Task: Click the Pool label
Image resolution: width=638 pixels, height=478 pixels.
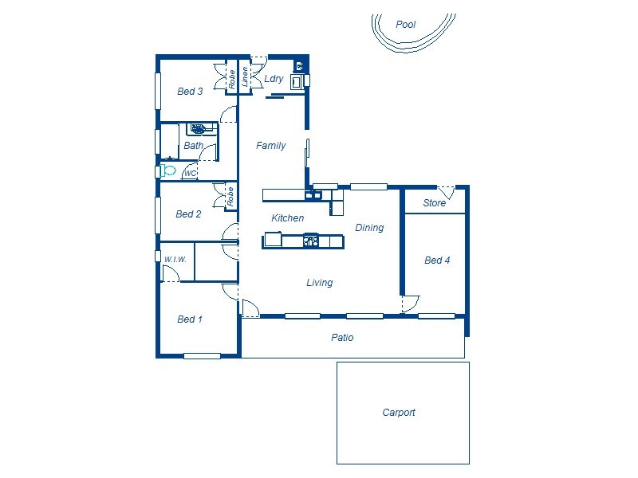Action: [406, 25]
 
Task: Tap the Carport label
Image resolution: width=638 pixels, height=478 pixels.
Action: [399, 413]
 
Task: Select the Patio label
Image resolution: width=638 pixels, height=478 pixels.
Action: [342, 338]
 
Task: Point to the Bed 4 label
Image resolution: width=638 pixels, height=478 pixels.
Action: [437, 261]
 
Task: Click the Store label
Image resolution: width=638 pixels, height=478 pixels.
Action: [434, 203]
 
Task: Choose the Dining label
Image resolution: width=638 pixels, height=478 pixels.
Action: [369, 228]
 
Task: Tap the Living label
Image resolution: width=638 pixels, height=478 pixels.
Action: [320, 283]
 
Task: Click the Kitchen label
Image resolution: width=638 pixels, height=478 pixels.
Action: [287, 218]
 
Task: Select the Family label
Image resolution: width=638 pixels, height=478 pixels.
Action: [271, 146]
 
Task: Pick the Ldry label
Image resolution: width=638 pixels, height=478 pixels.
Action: [274, 79]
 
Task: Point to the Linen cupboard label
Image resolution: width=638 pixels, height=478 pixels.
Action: [245, 77]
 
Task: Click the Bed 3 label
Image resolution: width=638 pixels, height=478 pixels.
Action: [190, 92]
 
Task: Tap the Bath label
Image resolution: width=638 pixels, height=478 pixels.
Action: [193, 146]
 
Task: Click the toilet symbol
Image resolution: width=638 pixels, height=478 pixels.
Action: [168, 170]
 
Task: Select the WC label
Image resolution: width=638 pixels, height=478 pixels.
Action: [190, 173]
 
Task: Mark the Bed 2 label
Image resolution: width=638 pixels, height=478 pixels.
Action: [188, 214]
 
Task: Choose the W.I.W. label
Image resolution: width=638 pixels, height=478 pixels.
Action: [175, 260]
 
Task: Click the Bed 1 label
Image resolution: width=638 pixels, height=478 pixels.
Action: [190, 319]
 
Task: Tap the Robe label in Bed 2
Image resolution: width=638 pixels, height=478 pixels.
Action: [230, 196]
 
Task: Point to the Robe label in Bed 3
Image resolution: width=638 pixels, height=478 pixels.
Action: [232, 79]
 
